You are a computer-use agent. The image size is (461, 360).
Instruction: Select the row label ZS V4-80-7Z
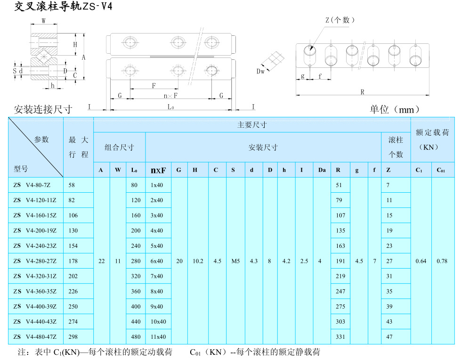35,185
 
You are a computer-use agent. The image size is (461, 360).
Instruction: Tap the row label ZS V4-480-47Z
35,336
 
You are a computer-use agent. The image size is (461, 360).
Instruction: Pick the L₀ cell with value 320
136,276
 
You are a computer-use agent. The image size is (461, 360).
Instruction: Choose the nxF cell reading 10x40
158,321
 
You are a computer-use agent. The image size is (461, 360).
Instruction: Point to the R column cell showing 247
340,291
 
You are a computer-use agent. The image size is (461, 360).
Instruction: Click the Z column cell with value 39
389,306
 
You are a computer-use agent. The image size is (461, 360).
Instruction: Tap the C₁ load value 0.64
421,261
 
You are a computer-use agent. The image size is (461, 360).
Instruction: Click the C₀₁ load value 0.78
442,261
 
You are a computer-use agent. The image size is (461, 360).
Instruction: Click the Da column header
322,170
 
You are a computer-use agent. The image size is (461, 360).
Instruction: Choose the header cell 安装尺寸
263,147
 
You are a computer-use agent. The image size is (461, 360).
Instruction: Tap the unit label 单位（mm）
394,110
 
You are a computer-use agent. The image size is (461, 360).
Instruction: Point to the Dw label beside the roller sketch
260,71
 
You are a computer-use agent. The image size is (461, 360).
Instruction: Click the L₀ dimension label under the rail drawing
171,107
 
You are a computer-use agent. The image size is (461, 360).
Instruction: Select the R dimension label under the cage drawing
363,92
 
